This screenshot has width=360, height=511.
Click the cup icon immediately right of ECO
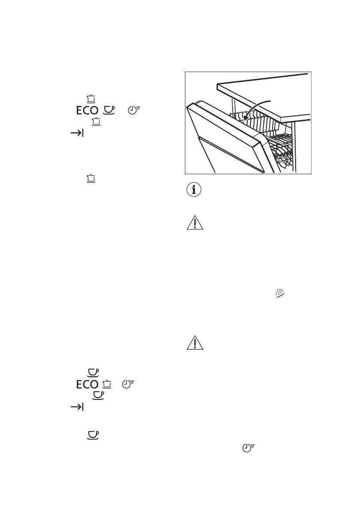(x=110, y=110)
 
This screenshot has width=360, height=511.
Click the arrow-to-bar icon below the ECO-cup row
(x=76, y=134)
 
